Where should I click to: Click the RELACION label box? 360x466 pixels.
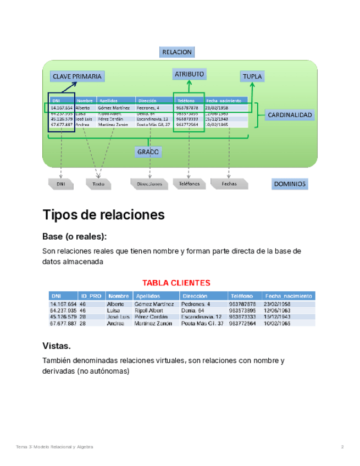point(177,52)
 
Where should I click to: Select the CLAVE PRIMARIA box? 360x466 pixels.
point(77,76)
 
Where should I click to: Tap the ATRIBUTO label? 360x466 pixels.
point(189,74)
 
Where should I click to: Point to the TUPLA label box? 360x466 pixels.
point(252,77)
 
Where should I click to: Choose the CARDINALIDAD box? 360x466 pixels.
point(290,115)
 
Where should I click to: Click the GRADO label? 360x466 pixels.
point(148,152)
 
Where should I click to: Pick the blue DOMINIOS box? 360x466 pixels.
point(289,184)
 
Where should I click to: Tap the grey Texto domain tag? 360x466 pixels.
point(98,184)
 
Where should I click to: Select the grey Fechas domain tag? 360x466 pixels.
point(229,184)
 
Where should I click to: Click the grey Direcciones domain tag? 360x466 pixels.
point(149,184)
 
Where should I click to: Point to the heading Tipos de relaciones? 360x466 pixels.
point(103,215)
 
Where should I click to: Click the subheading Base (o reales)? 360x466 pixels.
point(75,236)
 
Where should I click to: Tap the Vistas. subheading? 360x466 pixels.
point(57,346)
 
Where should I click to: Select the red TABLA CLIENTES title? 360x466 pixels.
point(176,284)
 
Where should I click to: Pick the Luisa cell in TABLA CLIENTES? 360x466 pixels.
point(114,310)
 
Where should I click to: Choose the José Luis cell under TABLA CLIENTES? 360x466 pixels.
point(117,317)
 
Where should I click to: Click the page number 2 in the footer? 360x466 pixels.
point(342,447)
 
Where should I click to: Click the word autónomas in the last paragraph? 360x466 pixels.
point(110,371)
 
